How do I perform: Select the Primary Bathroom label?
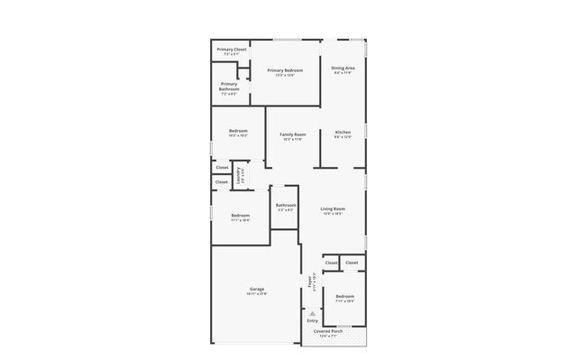click(x=229, y=84)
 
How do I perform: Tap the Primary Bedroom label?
click(x=285, y=69)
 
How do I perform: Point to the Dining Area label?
click(x=343, y=68)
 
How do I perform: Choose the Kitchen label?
click(x=343, y=133)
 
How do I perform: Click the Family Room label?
click(x=292, y=134)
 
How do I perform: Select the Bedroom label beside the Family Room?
click(x=238, y=131)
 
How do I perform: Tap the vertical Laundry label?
click(x=238, y=174)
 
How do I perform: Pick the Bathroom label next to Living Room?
click(x=286, y=206)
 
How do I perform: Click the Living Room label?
click(x=334, y=208)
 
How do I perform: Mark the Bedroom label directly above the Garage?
click(x=240, y=215)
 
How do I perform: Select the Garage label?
click(x=257, y=289)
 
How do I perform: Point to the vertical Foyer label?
click(x=311, y=281)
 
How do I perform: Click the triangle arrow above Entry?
click(x=312, y=313)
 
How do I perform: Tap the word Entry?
click(x=312, y=321)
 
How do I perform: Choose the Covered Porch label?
click(x=328, y=331)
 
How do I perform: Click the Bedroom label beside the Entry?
click(x=344, y=296)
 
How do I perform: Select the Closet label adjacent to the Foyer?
click(x=331, y=263)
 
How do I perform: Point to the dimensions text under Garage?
click(x=257, y=294)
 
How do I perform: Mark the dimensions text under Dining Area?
click(x=343, y=73)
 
